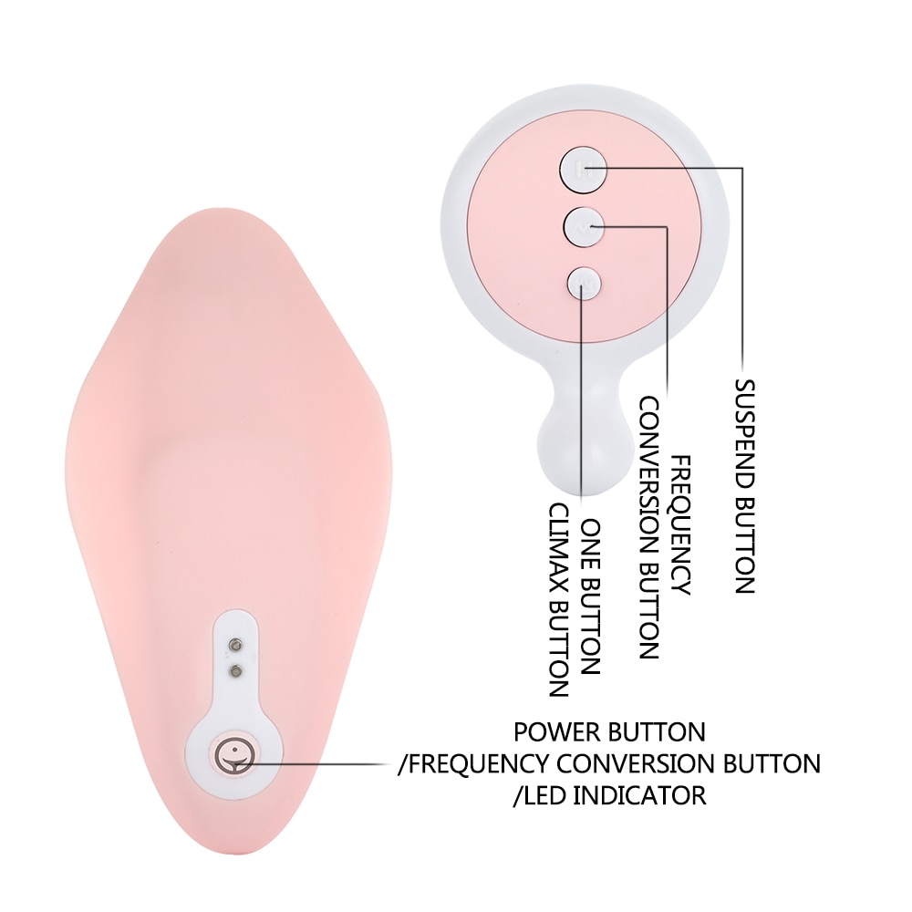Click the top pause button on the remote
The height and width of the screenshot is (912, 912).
click(583, 170)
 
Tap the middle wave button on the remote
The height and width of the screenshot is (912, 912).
click(584, 227)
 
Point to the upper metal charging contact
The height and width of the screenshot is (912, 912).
click(235, 645)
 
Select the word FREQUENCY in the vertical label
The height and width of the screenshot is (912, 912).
click(681, 525)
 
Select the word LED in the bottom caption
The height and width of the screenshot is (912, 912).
click(544, 795)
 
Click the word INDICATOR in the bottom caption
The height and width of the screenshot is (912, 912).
click(640, 795)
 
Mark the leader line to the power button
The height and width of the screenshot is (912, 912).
click(324, 762)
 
